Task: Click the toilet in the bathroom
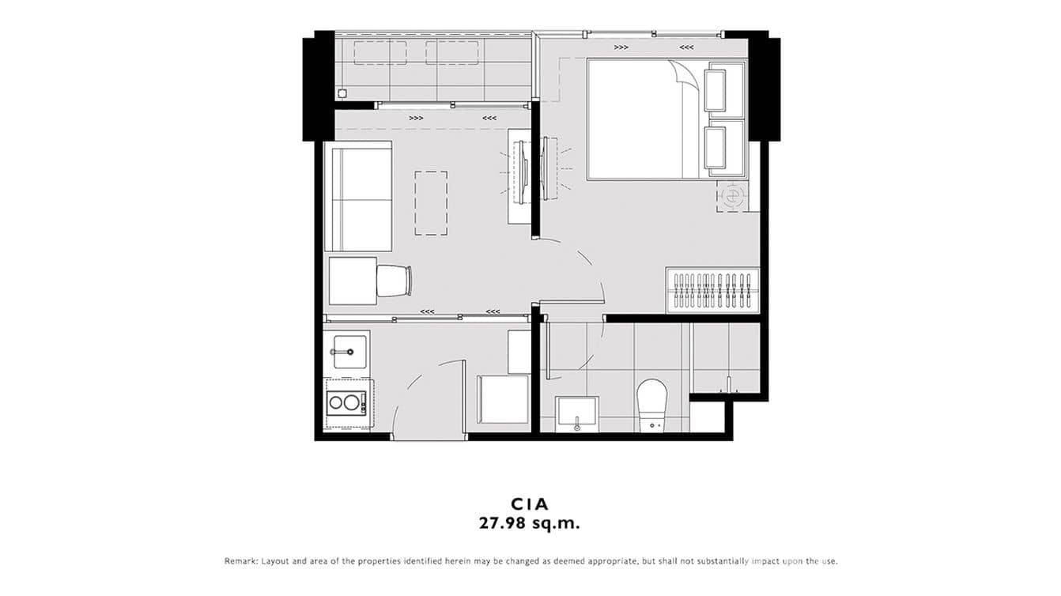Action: coord(653,404)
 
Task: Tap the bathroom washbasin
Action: coord(576,413)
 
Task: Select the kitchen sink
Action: coord(349,351)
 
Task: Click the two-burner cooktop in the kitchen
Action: coord(345,402)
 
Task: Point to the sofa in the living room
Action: coord(358,196)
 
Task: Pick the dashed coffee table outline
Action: coord(431,203)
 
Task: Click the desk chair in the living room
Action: coord(394,281)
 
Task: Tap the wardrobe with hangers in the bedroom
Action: coord(712,291)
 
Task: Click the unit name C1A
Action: coord(530,504)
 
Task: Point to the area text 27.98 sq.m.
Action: coord(530,522)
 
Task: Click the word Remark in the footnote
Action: coord(240,561)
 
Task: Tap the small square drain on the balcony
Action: coord(342,93)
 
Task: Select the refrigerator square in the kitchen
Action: coord(503,399)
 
